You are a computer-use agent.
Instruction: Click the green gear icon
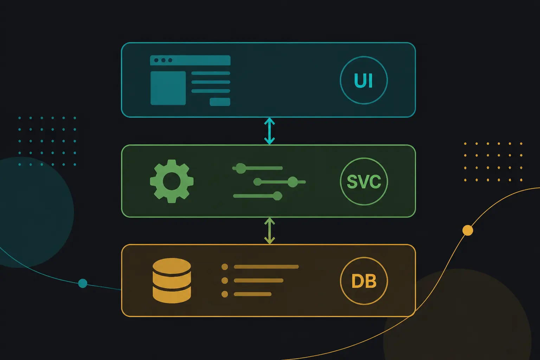pos(172,181)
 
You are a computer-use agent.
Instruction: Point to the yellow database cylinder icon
pos(172,281)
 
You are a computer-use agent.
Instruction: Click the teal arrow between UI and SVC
pos(270,131)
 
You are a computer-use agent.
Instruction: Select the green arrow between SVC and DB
pos(270,231)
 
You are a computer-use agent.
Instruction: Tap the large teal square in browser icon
pos(168,88)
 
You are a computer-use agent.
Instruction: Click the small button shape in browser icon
pos(220,102)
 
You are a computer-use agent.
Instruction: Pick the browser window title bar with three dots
pos(190,60)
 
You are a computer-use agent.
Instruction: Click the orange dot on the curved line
pos(468,230)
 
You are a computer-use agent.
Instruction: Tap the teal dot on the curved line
pos(83,283)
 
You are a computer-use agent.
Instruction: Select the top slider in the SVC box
pos(257,168)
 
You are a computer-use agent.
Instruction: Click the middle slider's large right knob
pos(293,182)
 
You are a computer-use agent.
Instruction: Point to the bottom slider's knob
pos(277,196)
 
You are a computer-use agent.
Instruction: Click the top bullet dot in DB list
pos(225,267)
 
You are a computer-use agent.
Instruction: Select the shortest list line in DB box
pos(253,294)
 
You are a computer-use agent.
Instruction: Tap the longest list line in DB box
pos(266,267)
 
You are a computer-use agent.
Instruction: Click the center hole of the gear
pos(172,181)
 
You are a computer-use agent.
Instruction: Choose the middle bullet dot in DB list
pos(225,281)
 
